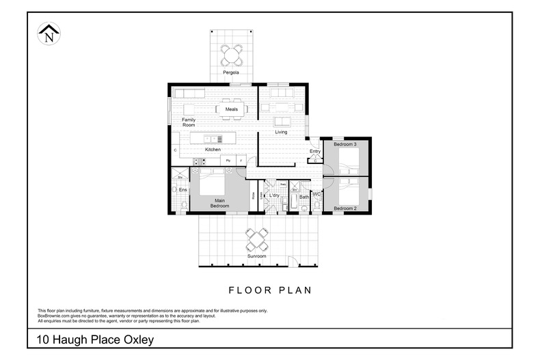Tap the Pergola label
pyautogui.click(x=230, y=72)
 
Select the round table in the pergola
pyautogui.click(x=231, y=53)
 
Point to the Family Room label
pyautogui.click(x=189, y=122)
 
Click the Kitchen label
pyautogui.click(x=213, y=149)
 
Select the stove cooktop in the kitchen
pyautogui.click(x=199, y=161)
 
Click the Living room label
pyautogui.click(x=281, y=132)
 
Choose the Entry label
pyautogui.click(x=315, y=151)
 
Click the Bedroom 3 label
pyautogui.click(x=345, y=145)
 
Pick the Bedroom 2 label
pyautogui.click(x=345, y=208)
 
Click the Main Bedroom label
pyautogui.click(x=219, y=203)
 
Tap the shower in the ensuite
pyautogui.click(x=180, y=176)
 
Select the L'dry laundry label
pyautogui.click(x=274, y=196)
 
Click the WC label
pyautogui.click(x=316, y=195)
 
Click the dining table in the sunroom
pyautogui.click(x=257, y=239)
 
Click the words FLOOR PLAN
pyautogui.click(x=269, y=290)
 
